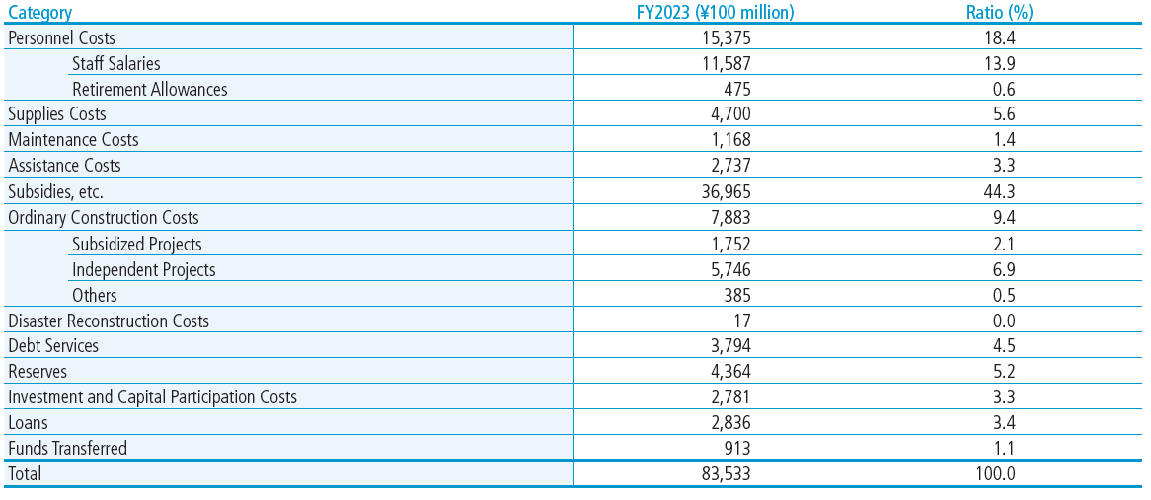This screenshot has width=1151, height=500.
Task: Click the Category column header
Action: click(40, 13)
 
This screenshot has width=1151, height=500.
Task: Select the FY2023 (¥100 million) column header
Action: click(715, 13)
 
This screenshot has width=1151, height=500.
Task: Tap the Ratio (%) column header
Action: click(995, 13)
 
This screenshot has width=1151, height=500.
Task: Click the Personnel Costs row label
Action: click(61, 37)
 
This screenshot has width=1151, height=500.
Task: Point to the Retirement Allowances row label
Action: click(150, 90)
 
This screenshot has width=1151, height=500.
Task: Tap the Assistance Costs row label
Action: click(64, 166)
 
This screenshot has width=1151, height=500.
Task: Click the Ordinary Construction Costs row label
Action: click(103, 218)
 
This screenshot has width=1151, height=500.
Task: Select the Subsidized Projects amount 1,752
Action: click(729, 244)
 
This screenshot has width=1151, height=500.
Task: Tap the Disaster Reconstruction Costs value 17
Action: click(743, 321)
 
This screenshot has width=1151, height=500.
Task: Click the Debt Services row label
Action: click(53, 346)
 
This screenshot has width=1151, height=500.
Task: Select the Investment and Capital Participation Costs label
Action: click(152, 397)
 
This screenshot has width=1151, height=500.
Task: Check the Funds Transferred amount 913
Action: click(737, 448)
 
